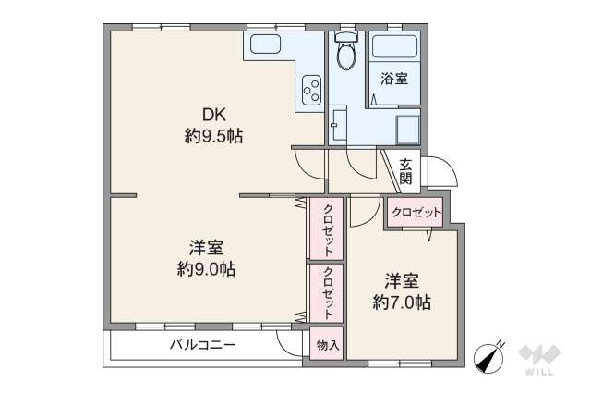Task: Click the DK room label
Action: tap(212, 116)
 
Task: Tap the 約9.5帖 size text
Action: tap(212, 136)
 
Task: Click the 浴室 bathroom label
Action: tap(394, 80)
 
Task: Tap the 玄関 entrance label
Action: tap(406, 172)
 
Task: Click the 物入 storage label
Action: tap(327, 345)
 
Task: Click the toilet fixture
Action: tap(346, 54)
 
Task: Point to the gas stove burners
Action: tap(311, 91)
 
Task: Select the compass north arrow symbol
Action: tap(489, 356)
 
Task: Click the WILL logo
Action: tap(537, 360)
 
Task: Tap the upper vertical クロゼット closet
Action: tap(327, 228)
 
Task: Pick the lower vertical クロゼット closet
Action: tap(327, 292)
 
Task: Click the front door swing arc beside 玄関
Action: tap(441, 173)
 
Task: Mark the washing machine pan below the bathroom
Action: tap(407, 130)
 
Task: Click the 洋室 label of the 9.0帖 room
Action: tap(206, 248)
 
